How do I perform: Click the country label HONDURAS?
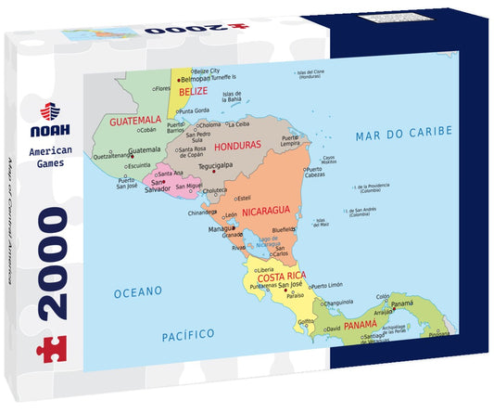tap(235, 147)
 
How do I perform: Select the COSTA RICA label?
tap(283, 277)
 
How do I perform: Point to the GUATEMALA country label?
tap(134, 121)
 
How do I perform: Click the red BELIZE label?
tap(193, 92)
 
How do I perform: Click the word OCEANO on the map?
tap(138, 291)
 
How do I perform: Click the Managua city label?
tap(222, 228)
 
